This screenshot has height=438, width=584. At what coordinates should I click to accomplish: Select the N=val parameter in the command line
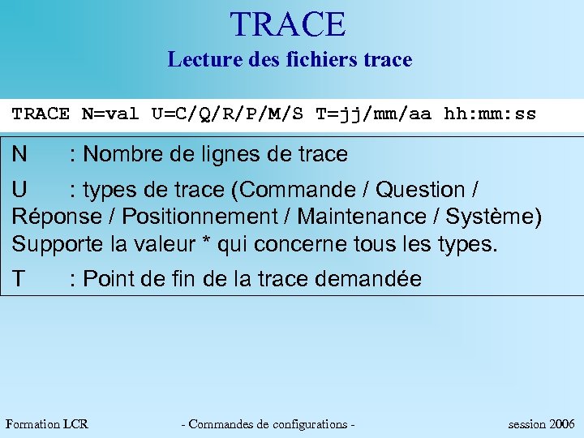pos(110,114)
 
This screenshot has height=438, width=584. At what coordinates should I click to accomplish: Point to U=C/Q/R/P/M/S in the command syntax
pos(227,114)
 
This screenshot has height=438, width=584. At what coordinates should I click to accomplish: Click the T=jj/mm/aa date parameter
pos(373,114)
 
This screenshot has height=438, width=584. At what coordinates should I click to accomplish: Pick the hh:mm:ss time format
pos(490,114)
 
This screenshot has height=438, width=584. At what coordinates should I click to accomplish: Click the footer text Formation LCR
pos(47,424)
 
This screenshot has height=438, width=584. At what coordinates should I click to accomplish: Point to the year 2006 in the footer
pos(562,424)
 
